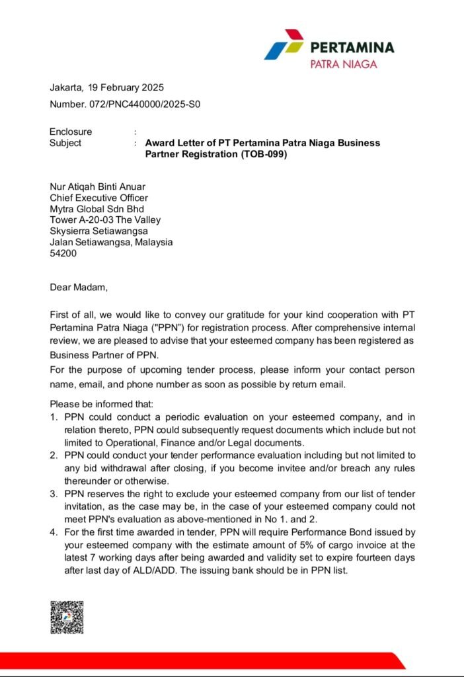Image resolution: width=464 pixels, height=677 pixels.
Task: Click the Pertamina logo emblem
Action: pyautogui.click(x=284, y=44)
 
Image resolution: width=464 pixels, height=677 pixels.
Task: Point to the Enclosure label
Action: pyautogui.click(x=71, y=132)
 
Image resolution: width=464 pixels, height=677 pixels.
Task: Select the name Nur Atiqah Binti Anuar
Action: pyautogui.click(x=97, y=186)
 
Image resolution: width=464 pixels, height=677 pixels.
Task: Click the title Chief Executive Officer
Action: pyautogui.click(x=99, y=197)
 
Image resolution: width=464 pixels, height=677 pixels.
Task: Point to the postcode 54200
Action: pyautogui.click(x=63, y=253)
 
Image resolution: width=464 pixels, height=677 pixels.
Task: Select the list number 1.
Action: pyautogui.click(x=54, y=418)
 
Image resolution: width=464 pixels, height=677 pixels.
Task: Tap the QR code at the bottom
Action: pyautogui.click(x=67, y=617)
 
